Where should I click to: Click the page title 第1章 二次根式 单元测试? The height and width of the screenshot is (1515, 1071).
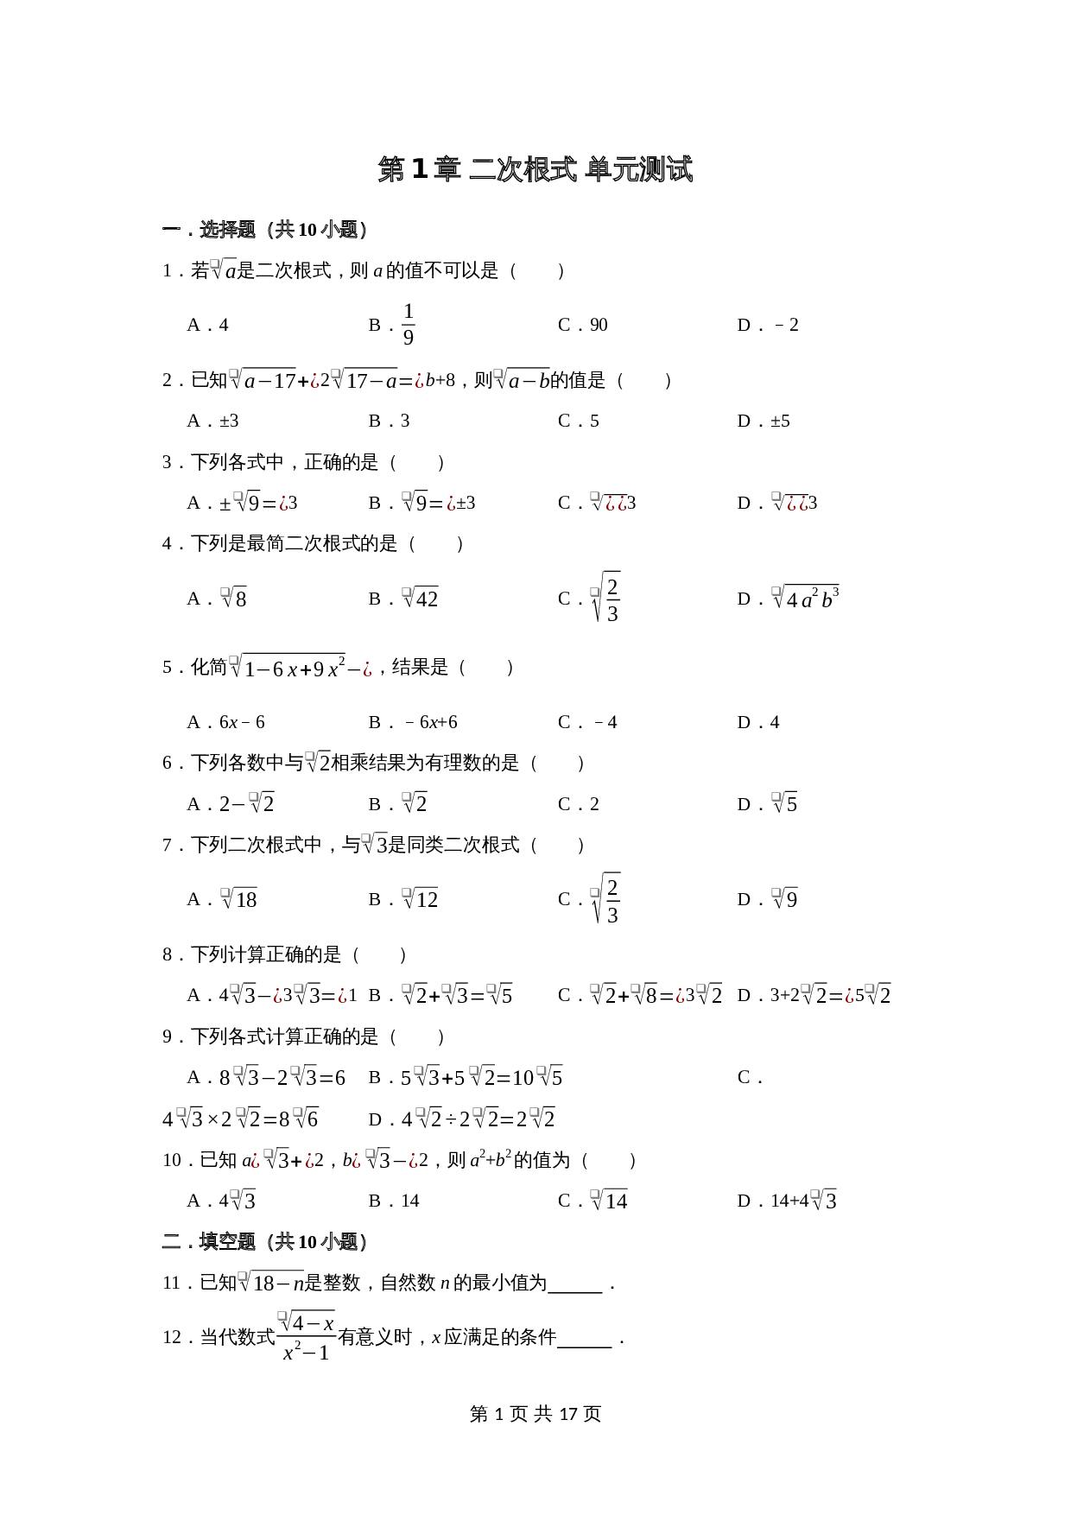coord(535,169)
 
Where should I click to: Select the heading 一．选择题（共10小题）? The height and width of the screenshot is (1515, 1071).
coord(266,230)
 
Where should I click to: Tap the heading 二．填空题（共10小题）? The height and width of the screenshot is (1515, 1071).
coord(266,1242)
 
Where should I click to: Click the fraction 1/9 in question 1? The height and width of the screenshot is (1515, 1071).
coord(409,325)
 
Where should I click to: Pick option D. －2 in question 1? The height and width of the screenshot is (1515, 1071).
coord(768,326)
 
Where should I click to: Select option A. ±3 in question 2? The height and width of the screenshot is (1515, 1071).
coord(213,422)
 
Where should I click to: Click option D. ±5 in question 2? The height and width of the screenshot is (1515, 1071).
coord(764,422)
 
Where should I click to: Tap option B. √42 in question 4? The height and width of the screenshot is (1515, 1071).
coord(403,599)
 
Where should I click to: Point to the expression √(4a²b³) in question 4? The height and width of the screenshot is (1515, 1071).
coord(806,598)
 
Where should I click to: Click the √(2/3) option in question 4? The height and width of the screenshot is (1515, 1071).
coord(605,598)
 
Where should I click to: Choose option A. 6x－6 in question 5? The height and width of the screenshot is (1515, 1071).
coord(226,722)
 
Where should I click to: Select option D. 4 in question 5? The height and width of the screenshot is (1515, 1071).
coord(758,722)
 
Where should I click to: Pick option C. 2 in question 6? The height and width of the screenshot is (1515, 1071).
coord(579,804)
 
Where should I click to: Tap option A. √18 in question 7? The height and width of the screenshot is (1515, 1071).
coord(223,899)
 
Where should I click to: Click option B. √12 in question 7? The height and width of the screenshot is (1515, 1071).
coord(403,899)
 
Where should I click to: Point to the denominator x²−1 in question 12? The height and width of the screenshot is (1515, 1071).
coord(307,1353)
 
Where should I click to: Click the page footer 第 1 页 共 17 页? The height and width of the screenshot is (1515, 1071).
coord(535,1414)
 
